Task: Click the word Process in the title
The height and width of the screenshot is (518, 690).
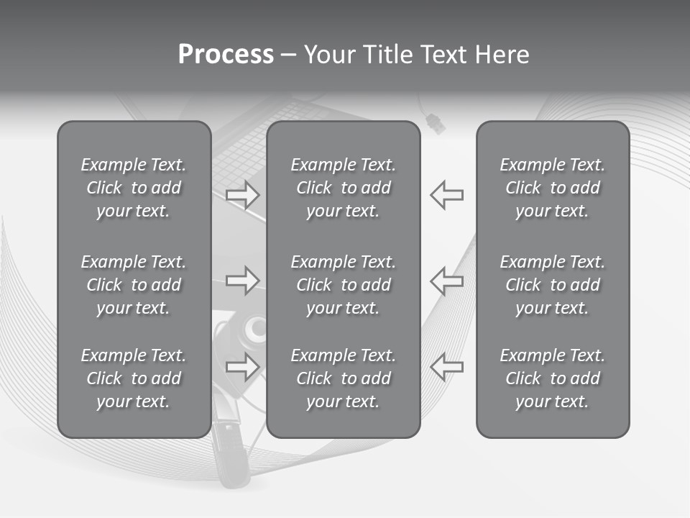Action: point(226,55)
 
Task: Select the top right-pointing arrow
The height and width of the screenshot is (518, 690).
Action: point(242,195)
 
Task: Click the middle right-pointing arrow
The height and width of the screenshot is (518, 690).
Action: point(242,280)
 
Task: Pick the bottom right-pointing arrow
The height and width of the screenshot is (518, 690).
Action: point(242,366)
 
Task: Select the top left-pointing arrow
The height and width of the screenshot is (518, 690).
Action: point(447,195)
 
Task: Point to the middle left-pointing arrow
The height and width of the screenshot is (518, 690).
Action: point(447,280)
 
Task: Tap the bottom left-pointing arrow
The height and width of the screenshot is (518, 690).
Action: point(447,366)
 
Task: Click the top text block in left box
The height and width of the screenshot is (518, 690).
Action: point(134,188)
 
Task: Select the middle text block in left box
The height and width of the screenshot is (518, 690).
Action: point(134,285)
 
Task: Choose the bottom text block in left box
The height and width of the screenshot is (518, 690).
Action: point(134,378)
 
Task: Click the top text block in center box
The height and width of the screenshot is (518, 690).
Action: point(343,188)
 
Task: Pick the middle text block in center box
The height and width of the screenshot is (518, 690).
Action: point(343,285)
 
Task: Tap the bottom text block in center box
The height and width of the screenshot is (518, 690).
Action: point(343,378)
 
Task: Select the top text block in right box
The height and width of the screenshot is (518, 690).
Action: point(552,188)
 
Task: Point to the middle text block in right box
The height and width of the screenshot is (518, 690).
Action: point(552,285)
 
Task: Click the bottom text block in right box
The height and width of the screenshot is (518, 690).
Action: point(552,378)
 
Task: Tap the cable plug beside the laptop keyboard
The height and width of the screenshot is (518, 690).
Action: point(435,122)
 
